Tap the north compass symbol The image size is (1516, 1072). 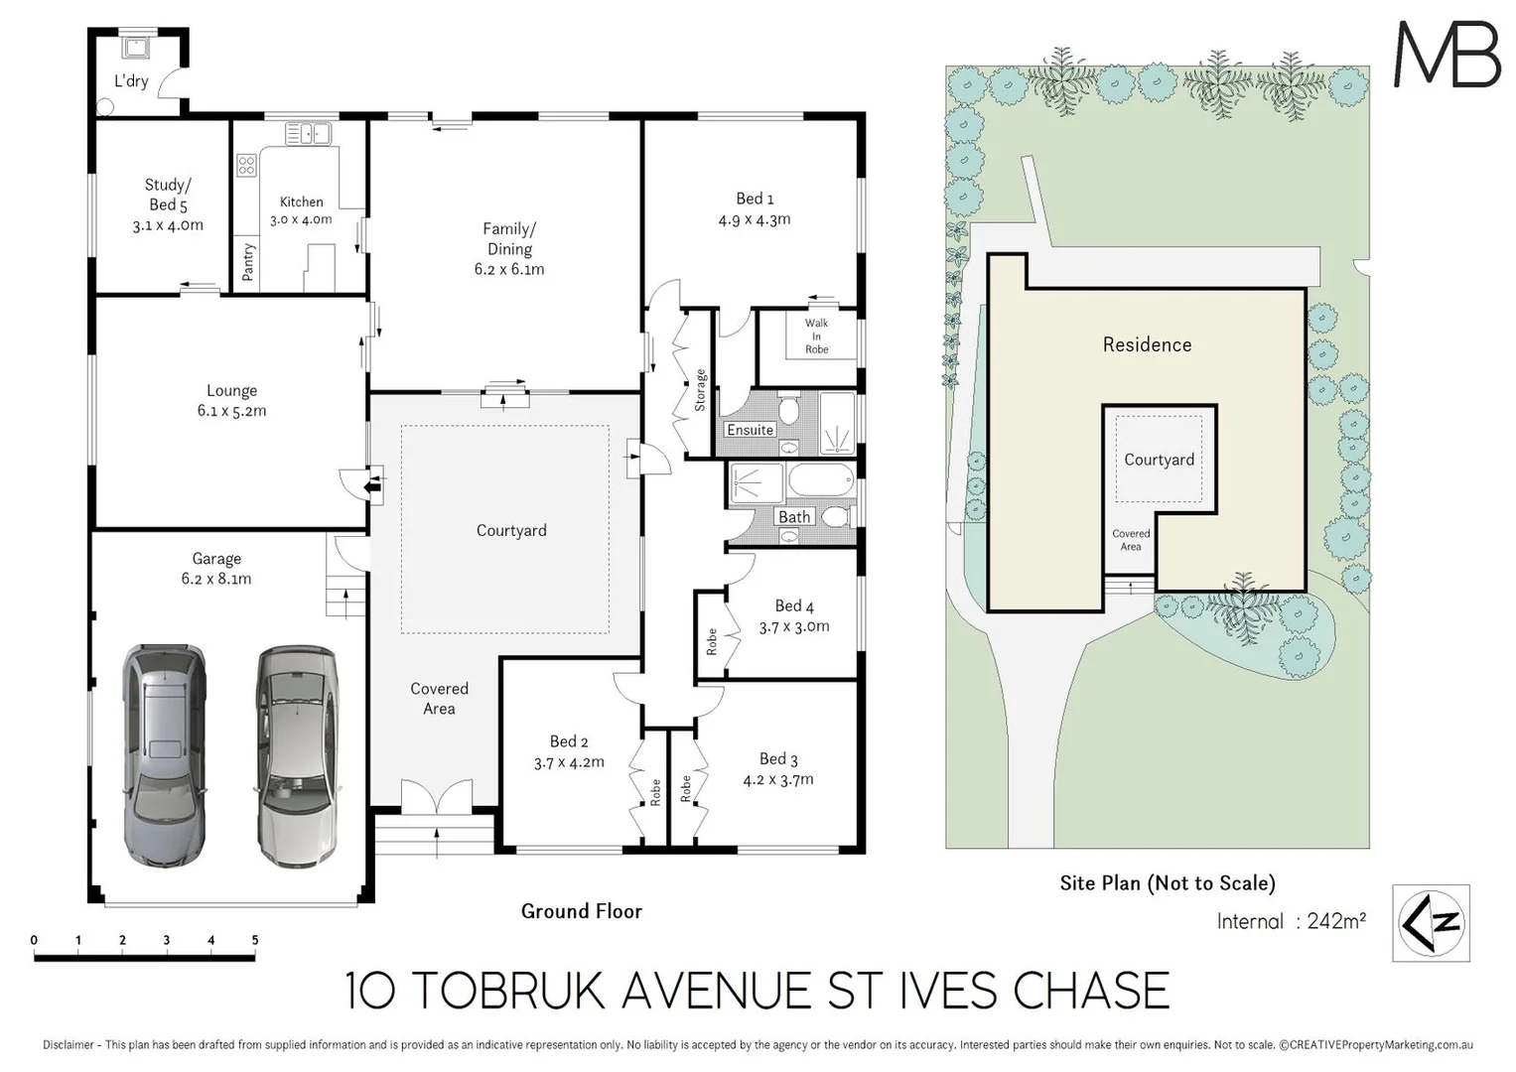(1431, 923)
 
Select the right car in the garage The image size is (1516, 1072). (296, 756)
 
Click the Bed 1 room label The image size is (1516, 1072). (755, 199)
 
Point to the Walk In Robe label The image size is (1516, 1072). (816, 335)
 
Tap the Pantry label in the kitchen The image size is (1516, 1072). (248, 263)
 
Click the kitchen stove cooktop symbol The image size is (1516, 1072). (246, 166)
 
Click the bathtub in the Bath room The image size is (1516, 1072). (820, 482)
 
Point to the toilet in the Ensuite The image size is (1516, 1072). (789, 409)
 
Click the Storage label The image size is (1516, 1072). (700, 389)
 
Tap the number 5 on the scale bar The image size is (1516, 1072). (255, 940)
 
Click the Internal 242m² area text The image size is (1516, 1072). (1291, 921)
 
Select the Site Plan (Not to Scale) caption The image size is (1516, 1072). (1167, 882)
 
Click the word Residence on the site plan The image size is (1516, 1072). (1147, 344)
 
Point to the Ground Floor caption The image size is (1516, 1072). (581, 911)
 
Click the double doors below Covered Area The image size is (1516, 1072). (437, 798)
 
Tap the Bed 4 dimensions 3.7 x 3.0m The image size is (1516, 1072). (793, 626)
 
